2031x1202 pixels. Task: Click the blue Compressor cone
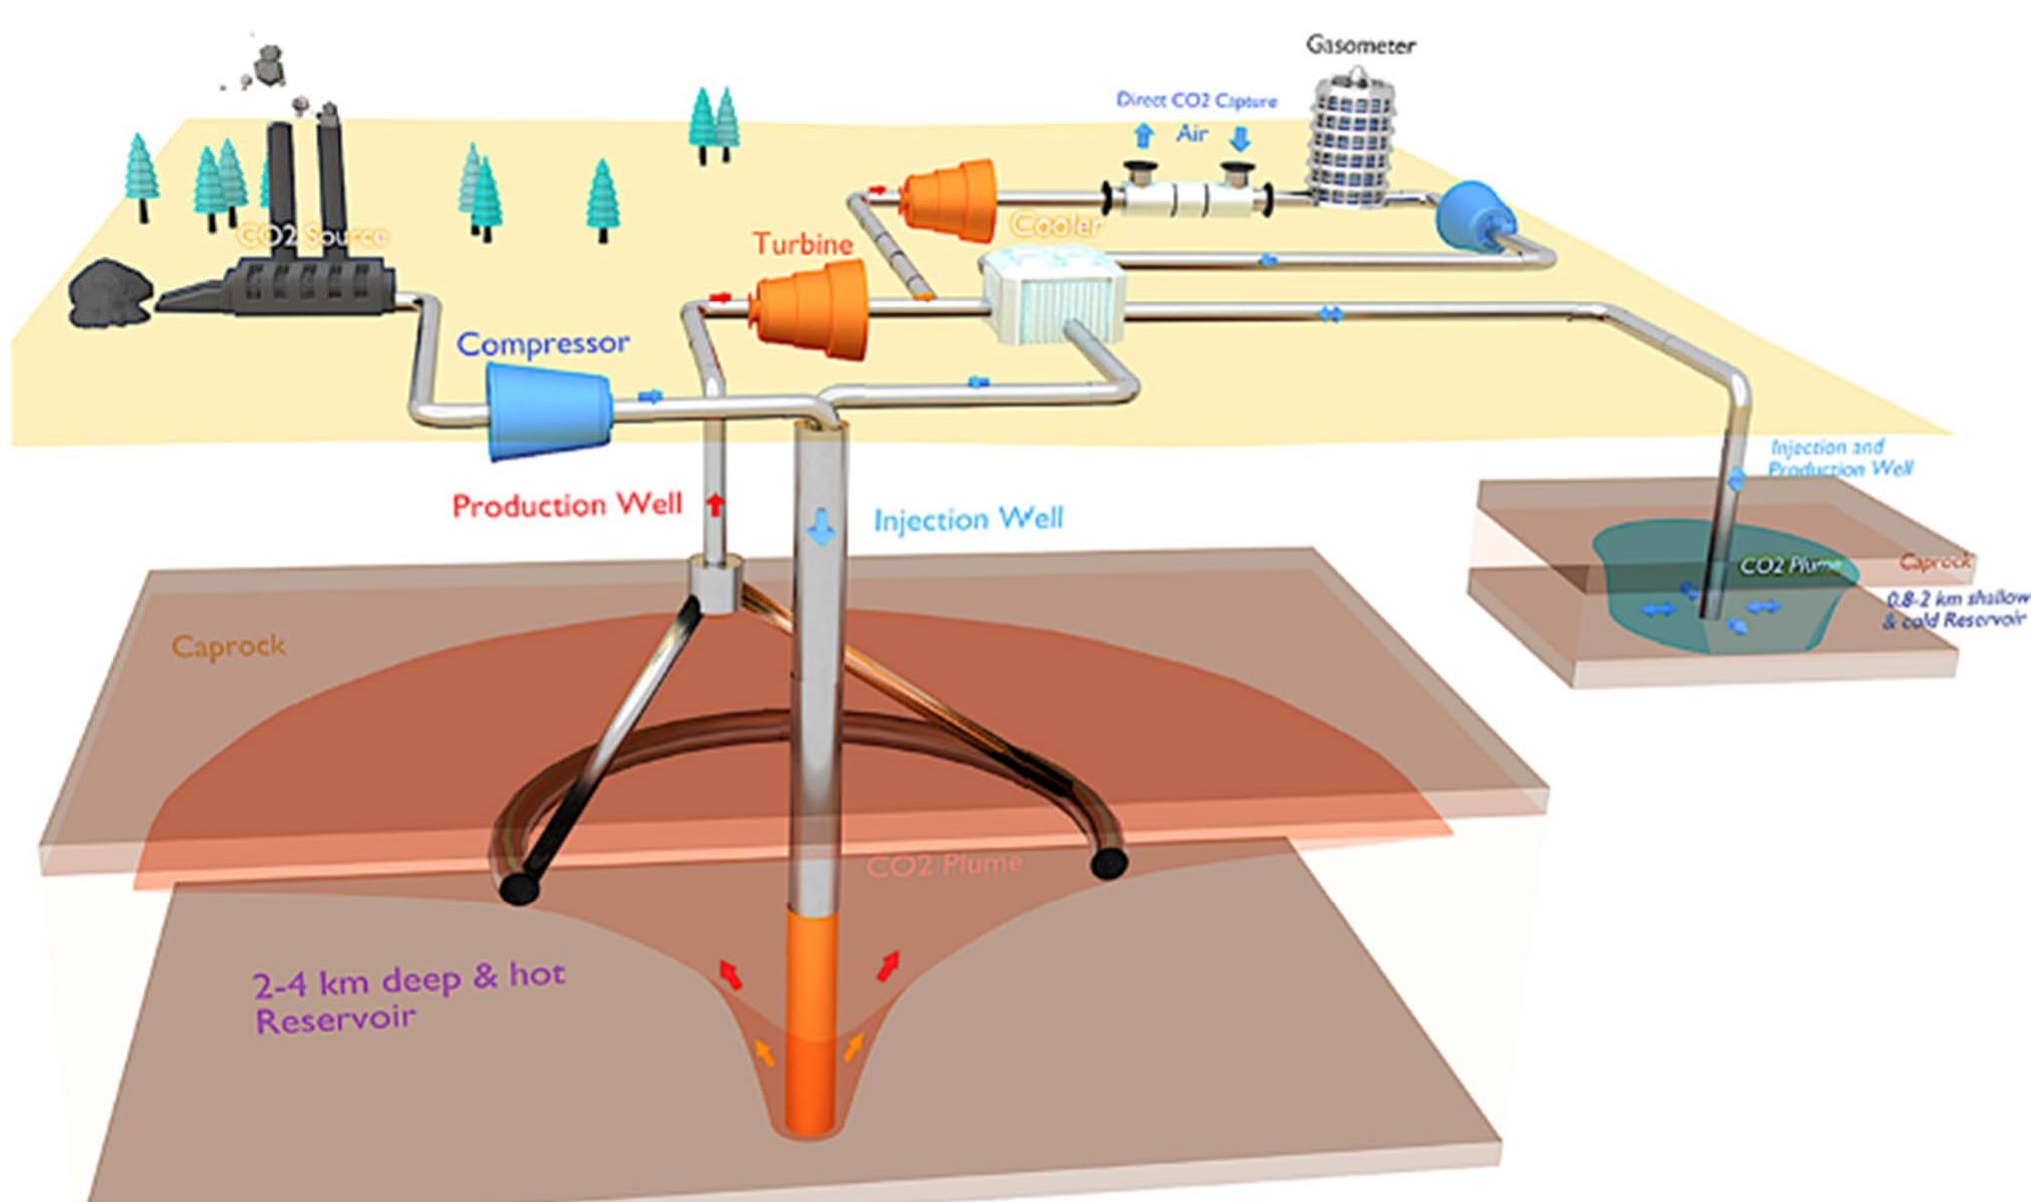coord(549,410)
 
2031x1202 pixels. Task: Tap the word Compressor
coord(543,344)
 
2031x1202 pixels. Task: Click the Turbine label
coord(803,243)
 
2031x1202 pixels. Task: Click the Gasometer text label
coord(1361,45)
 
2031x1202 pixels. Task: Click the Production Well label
coord(567,505)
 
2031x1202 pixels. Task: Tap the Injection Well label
coord(969,519)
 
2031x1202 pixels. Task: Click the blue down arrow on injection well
coord(821,526)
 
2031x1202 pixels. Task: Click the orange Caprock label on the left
coord(228,646)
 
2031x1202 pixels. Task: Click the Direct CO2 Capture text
coord(1196,101)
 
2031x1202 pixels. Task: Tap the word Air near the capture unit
coord(1191,134)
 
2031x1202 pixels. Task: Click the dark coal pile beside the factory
coord(108,294)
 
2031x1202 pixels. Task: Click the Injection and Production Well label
coord(1839,457)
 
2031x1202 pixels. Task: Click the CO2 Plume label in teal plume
coord(1789,565)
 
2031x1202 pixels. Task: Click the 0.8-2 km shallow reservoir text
coord(1955,609)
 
